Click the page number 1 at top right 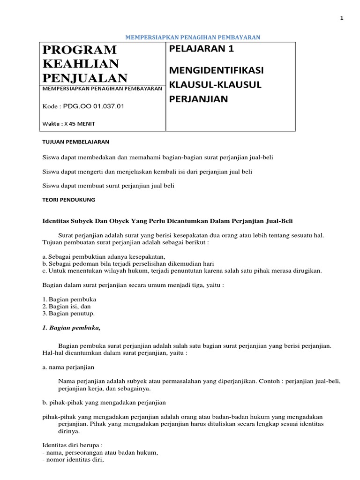342,18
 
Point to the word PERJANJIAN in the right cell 198,98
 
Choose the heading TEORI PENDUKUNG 68,199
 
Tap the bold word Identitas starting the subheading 55,220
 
